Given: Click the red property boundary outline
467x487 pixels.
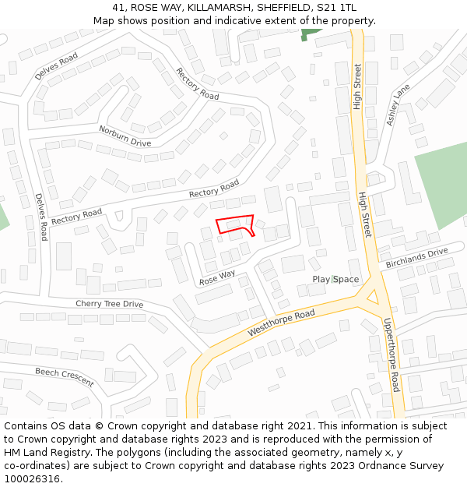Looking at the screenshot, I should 235,224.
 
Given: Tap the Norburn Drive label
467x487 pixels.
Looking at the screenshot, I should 125,136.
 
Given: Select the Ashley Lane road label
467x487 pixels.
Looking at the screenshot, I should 398,105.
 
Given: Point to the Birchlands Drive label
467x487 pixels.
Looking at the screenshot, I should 417,258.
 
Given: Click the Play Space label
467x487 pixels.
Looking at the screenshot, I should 335,279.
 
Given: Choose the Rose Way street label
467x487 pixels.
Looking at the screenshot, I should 217,277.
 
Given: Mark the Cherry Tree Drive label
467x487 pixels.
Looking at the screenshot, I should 109,304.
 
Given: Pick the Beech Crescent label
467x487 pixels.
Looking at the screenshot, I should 65,377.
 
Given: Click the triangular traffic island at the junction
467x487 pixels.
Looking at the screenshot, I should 370,296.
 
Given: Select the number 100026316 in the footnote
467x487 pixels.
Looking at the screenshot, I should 33,478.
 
